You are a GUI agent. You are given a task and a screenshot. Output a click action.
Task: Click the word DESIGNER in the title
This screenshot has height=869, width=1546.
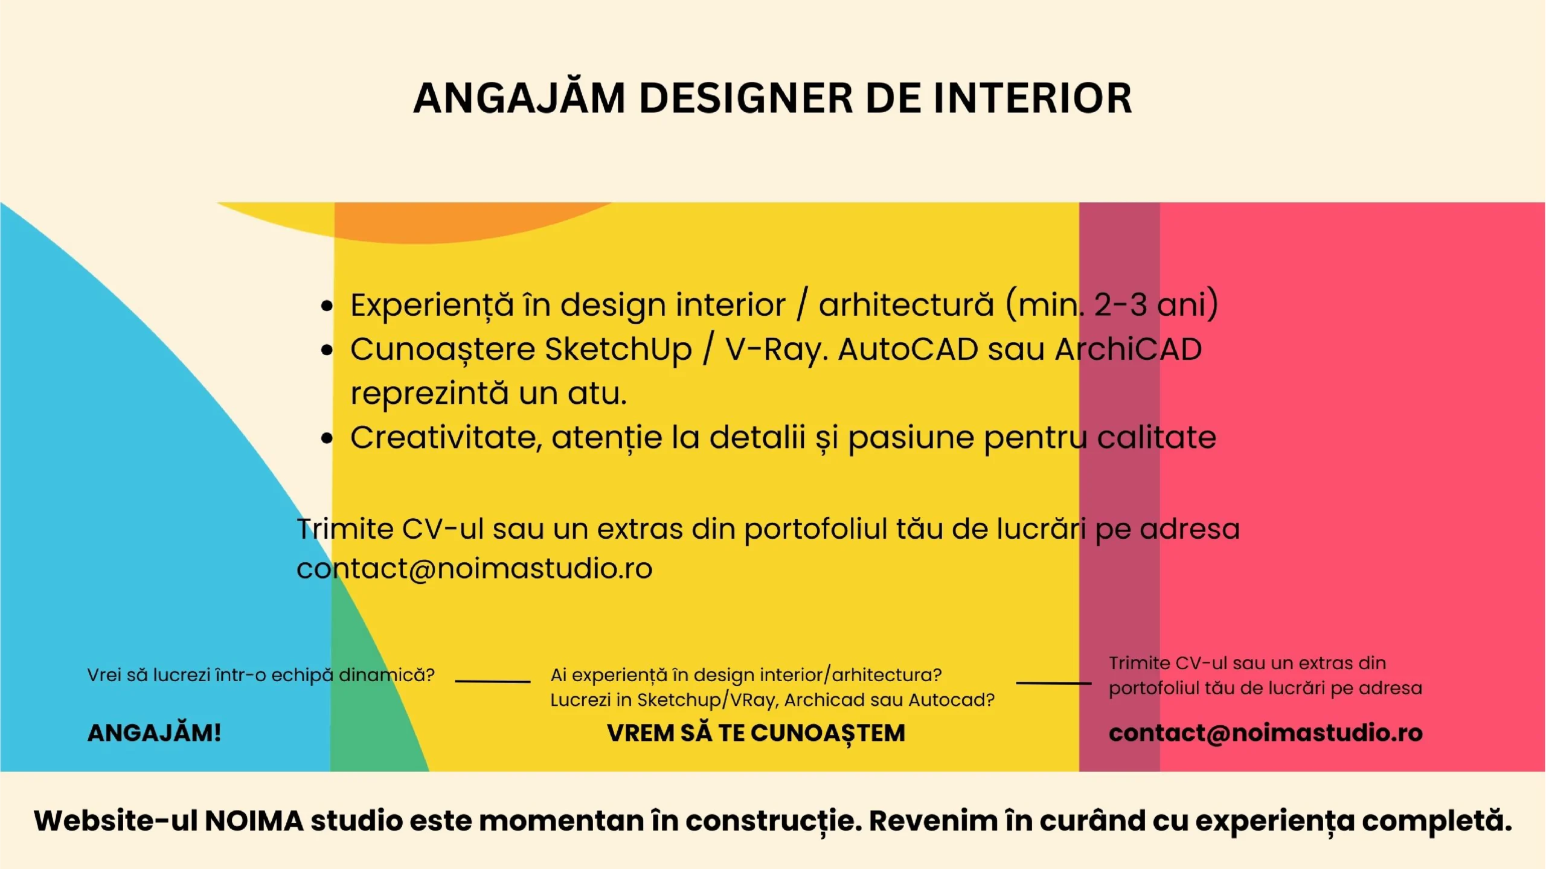pos(746,98)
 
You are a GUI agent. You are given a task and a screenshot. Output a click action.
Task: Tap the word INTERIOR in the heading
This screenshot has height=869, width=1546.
pos(1033,98)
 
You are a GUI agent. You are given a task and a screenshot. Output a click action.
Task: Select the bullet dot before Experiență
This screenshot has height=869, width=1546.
pos(327,306)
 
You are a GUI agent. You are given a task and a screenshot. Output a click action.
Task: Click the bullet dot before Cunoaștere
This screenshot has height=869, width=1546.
pos(327,350)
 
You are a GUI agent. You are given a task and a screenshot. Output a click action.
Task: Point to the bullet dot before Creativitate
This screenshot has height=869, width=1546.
pos(327,438)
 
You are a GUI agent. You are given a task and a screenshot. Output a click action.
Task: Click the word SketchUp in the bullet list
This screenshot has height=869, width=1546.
pos(618,350)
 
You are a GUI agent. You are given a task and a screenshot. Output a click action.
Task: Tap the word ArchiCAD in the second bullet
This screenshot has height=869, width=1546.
pos(1129,349)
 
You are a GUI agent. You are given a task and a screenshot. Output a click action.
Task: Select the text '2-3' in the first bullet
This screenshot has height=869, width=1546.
pos(1120,304)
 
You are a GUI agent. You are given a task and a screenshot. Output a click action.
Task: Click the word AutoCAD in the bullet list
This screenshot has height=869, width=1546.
pos(908,349)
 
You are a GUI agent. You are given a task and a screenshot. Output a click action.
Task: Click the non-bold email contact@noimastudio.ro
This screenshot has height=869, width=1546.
pos(475,568)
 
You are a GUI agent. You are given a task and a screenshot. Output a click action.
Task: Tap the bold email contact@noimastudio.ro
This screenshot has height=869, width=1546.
pos(1266,733)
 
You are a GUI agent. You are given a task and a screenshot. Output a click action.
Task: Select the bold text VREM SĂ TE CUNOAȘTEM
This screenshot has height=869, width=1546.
pos(756,733)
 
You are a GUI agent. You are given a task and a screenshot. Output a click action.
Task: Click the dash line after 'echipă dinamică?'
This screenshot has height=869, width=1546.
pos(493,681)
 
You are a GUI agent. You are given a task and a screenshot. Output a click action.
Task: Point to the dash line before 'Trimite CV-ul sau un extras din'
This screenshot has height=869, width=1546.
pos(1054,683)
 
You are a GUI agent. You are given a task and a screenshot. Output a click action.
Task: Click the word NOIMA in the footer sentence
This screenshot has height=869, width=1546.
pos(254,821)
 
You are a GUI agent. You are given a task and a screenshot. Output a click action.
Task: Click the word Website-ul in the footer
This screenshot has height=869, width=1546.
pos(115,821)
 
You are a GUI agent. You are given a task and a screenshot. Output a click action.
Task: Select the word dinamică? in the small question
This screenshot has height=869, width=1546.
pos(386,675)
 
